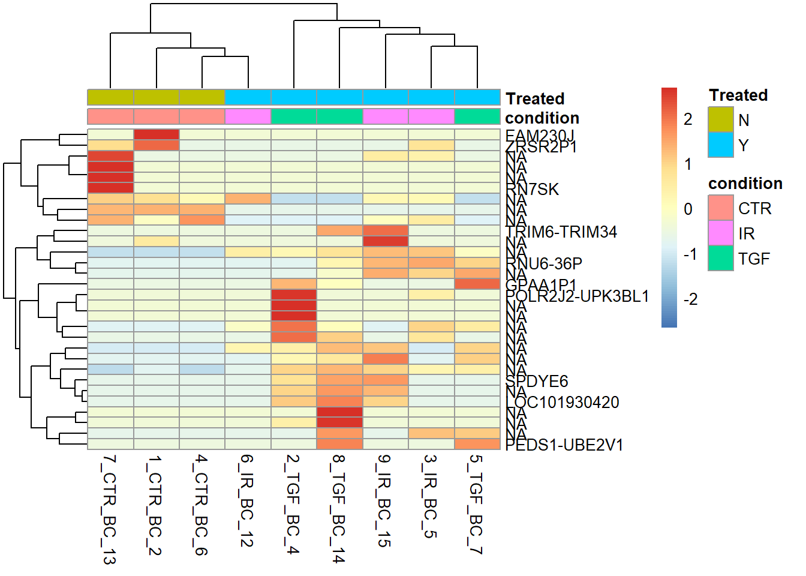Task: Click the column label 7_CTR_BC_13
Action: [x=109, y=509]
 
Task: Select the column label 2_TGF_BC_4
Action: [x=293, y=504]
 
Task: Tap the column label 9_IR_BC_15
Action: [x=384, y=500]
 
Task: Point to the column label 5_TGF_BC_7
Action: [x=476, y=504]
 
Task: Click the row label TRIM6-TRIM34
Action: [x=561, y=232]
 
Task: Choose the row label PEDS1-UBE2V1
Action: [x=564, y=445]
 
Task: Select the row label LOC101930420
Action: [x=563, y=402]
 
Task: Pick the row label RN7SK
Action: [x=533, y=190]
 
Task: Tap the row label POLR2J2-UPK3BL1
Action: [x=577, y=296]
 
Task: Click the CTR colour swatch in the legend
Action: [x=720, y=208]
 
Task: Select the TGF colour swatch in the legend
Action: [x=720, y=259]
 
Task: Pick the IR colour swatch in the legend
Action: [x=720, y=233]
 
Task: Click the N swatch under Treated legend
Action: [x=720, y=120]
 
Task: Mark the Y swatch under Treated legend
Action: [x=720, y=145]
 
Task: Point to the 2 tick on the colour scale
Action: [x=688, y=119]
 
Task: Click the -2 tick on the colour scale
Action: [x=690, y=299]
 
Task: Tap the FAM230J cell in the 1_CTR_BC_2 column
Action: [x=156, y=134]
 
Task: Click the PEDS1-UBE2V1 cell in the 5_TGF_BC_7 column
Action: [x=477, y=444]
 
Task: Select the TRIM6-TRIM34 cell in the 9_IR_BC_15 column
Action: [x=385, y=231]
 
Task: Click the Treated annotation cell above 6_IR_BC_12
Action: [x=248, y=97]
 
